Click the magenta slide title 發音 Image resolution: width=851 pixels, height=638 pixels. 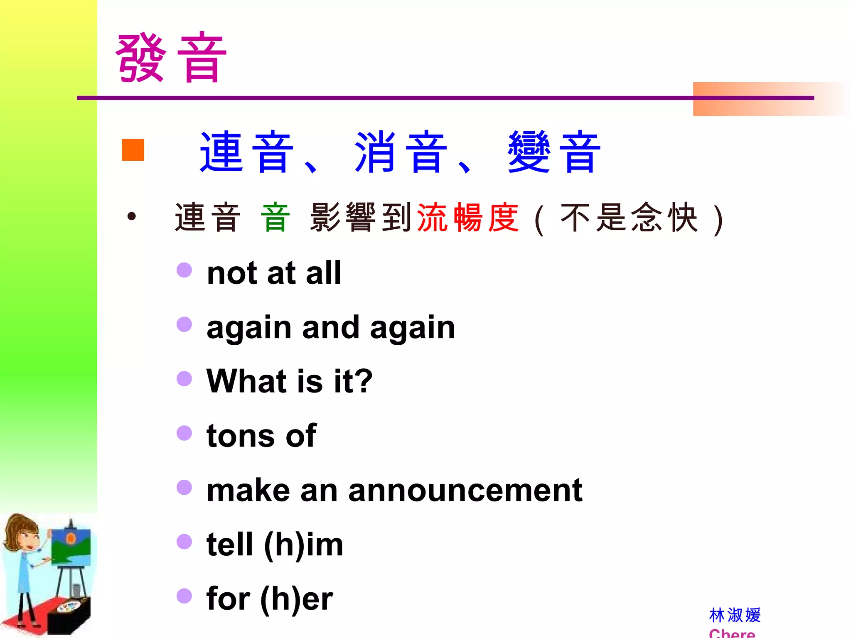click(x=171, y=58)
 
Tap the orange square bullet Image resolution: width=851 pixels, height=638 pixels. click(x=133, y=150)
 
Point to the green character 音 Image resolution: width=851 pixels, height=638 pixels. click(x=275, y=217)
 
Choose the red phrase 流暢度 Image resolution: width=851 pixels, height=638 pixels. click(x=468, y=217)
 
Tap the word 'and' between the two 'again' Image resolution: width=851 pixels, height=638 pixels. click(x=330, y=328)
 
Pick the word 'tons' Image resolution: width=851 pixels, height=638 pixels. click(x=241, y=436)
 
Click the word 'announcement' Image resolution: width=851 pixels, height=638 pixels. click(x=465, y=490)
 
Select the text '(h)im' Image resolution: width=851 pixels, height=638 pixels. click(x=303, y=545)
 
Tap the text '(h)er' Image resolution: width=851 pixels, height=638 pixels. click(x=297, y=599)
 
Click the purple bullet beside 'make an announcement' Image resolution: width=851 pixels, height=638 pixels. click(x=184, y=488)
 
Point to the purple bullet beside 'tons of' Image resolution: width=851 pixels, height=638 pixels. click(x=184, y=433)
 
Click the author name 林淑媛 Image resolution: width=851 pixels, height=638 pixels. click(x=735, y=615)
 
